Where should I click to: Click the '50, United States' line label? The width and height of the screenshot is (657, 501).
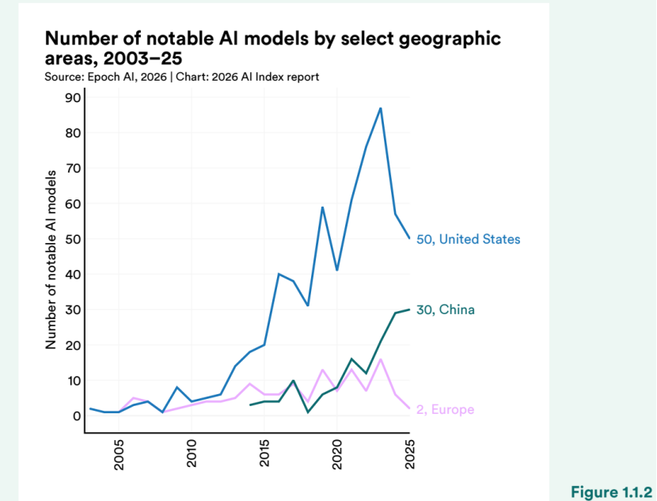click(x=469, y=239)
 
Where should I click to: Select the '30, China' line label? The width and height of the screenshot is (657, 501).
click(x=446, y=309)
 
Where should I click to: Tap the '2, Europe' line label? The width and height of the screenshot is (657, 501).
click(x=445, y=409)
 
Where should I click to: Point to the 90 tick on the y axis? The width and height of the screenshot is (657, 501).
click(x=73, y=97)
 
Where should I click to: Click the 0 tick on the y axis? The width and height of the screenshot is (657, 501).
click(x=77, y=416)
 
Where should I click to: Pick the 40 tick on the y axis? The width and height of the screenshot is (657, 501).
click(x=73, y=275)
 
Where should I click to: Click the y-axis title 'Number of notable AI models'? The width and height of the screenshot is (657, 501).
click(x=51, y=259)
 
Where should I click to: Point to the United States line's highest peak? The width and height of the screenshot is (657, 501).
click(x=381, y=108)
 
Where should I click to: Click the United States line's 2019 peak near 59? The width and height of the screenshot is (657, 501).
click(x=322, y=207)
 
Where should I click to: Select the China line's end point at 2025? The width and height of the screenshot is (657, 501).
click(x=409, y=309)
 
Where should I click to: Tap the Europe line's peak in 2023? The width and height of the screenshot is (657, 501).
click(x=381, y=359)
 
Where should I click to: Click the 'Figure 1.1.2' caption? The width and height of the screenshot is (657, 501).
click(x=612, y=492)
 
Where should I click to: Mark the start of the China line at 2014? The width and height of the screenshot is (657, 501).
click(x=250, y=405)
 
